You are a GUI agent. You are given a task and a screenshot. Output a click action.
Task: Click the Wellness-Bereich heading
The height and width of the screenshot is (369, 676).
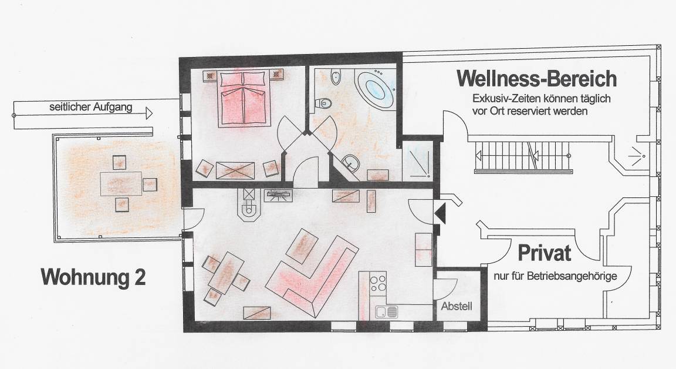click(537, 79)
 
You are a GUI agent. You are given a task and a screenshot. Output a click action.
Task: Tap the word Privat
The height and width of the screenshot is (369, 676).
click(544, 253)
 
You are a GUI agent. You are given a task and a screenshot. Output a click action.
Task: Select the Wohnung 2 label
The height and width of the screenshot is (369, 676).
click(93, 277)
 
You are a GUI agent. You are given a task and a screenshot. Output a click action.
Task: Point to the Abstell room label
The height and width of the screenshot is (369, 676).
click(457, 306)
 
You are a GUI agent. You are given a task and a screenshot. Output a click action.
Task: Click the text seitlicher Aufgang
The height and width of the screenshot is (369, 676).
click(90, 107)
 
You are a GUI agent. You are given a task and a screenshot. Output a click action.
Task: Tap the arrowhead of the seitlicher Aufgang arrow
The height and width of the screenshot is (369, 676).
click(149, 113)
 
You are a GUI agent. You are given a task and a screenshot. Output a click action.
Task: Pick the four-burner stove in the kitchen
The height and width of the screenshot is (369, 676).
click(378, 283)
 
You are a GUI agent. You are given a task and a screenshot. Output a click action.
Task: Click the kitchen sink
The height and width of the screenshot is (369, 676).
click(386, 311)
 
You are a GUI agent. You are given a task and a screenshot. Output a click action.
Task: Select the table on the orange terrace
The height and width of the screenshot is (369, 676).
click(121, 184)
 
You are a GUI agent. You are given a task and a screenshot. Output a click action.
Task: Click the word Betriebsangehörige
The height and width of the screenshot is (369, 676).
click(572, 276)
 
